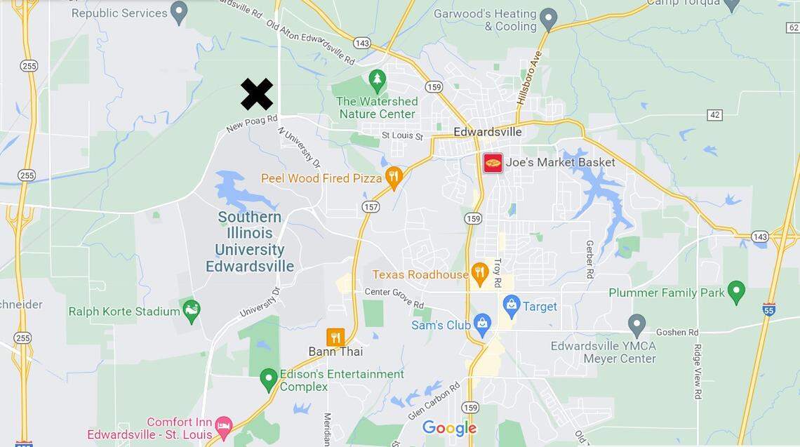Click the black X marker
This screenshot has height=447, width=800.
click(x=257, y=95)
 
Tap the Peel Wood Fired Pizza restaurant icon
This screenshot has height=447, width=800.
click(x=394, y=178)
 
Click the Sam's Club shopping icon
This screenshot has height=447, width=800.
click(x=482, y=324)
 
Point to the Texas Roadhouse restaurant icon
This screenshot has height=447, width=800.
click(x=480, y=274)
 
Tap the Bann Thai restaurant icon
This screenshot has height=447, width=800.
click(x=335, y=338)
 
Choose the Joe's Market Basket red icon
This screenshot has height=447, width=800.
click(x=493, y=163)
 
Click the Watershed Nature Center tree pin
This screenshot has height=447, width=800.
click(x=378, y=80)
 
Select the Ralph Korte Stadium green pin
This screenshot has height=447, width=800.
click(x=191, y=309)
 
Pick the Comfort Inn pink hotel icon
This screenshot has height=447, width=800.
click(x=223, y=425)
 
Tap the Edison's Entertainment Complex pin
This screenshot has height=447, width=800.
click(x=268, y=379)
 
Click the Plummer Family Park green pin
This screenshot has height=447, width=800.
click(x=736, y=291)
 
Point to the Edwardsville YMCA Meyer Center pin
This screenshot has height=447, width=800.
click(x=636, y=324)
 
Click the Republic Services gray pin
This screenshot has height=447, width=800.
click(x=180, y=11)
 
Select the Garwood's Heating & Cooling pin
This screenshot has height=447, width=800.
click(x=548, y=18)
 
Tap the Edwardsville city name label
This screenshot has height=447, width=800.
click(x=488, y=132)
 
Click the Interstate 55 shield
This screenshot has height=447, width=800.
click(x=769, y=309)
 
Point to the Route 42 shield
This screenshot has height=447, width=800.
click(x=714, y=114)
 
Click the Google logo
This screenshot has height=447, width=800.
click(x=449, y=427)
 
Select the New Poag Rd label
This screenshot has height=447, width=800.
click(x=252, y=124)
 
